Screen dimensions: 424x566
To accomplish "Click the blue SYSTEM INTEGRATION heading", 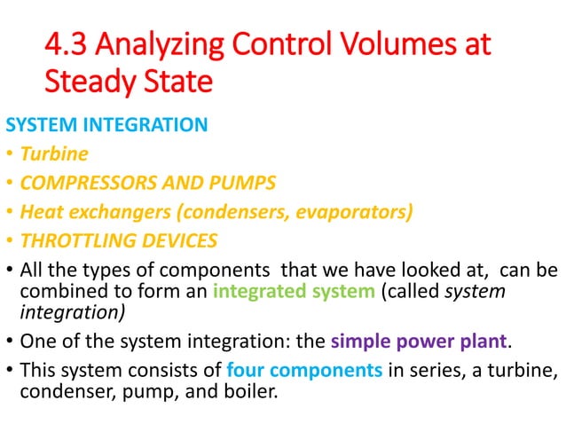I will tap(106, 125).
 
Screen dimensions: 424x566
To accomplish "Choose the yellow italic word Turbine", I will tap(55, 154).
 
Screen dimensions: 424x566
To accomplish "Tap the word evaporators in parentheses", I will tap(359, 212).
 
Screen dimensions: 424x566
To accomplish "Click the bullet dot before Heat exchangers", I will tap(10, 212).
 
